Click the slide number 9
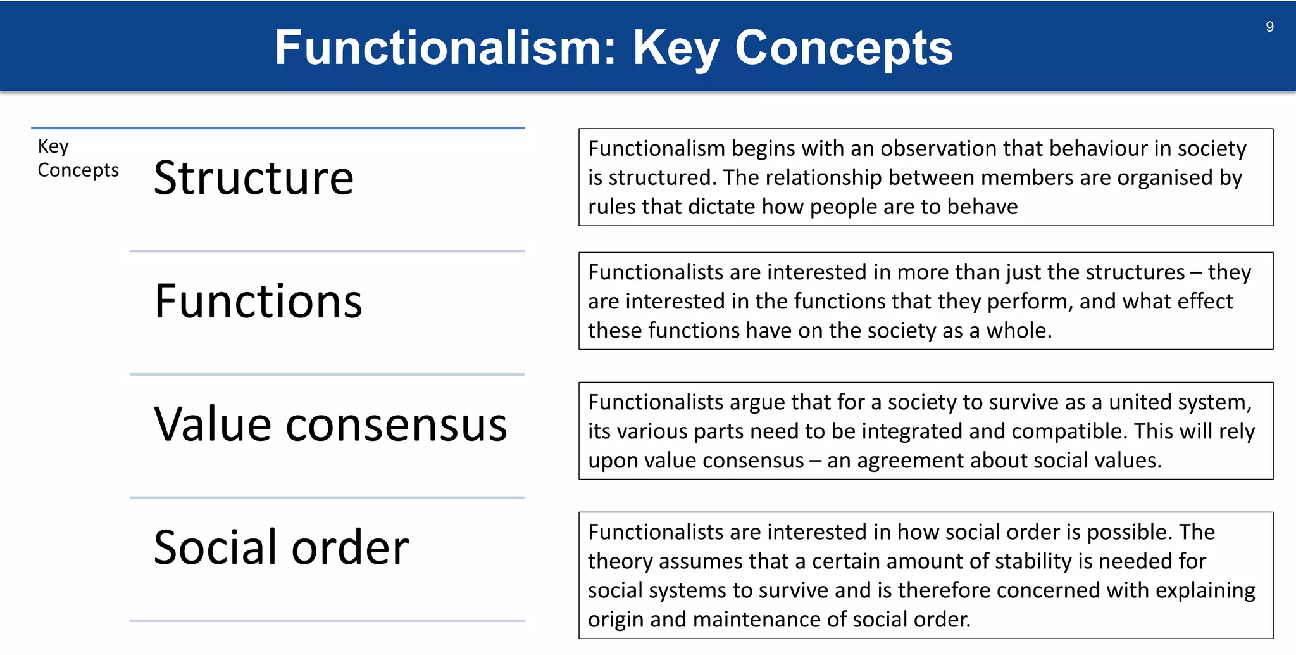click(1269, 27)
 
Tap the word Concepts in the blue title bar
click(844, 48)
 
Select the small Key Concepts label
click(77, 158)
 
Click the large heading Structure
click(254, 178)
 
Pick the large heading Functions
click(258, 301)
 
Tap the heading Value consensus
click(330, 424)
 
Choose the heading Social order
click(281, 547)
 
